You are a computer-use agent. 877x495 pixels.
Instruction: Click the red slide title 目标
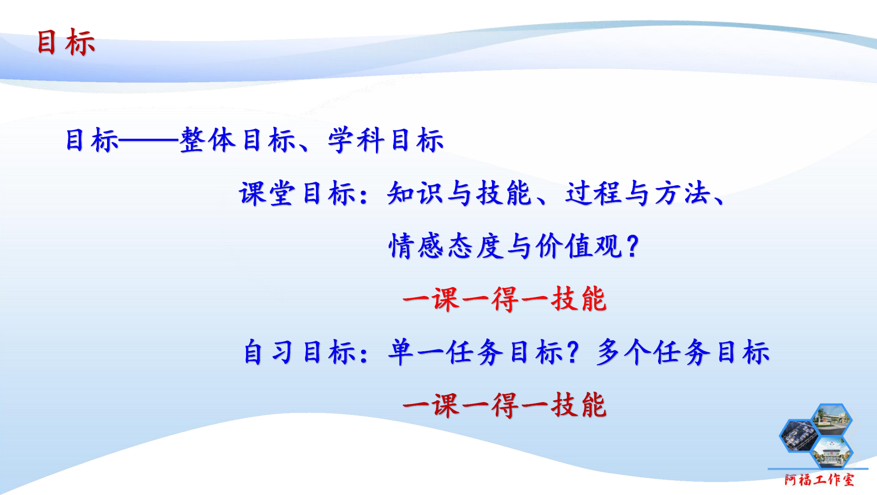point(66,42)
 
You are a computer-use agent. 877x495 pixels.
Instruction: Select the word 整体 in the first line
point(208,140)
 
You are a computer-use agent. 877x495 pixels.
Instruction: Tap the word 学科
point(356,140)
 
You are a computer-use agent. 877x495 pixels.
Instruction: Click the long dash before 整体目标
point(148,140)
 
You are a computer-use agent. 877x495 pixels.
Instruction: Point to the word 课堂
point(267,194)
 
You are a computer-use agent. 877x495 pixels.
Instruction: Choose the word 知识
point(415,194)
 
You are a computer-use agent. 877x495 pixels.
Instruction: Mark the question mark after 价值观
point(633,247)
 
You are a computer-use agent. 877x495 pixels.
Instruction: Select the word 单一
point(416,353)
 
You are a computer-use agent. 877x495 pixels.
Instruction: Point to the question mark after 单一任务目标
point(573,353)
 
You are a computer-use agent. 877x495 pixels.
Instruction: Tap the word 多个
point(624,353)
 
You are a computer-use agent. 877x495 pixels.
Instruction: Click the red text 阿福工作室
point(819,479)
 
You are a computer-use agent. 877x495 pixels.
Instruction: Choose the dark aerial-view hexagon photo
point(799,436)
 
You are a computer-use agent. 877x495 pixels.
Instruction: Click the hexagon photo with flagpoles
point(832,453)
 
